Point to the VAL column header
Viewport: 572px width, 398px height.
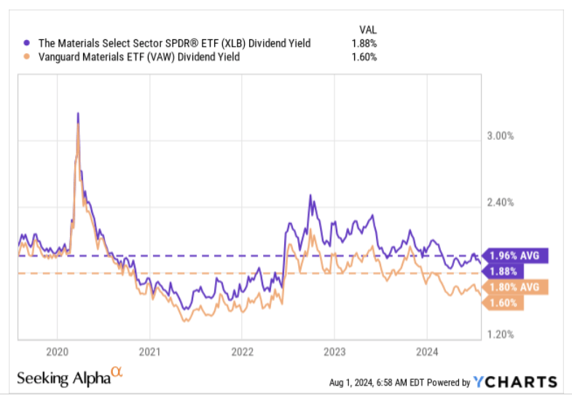368,29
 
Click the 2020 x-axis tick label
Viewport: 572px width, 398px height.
57,351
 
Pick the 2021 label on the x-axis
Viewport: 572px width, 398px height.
149,351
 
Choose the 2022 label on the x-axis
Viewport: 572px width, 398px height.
242,351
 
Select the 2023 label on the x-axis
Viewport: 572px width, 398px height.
334,351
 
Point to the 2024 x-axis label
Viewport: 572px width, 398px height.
426,351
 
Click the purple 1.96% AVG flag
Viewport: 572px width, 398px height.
519,256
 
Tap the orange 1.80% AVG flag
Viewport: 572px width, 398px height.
518,287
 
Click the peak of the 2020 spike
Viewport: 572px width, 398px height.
78,114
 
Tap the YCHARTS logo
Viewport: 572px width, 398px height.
515,382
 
